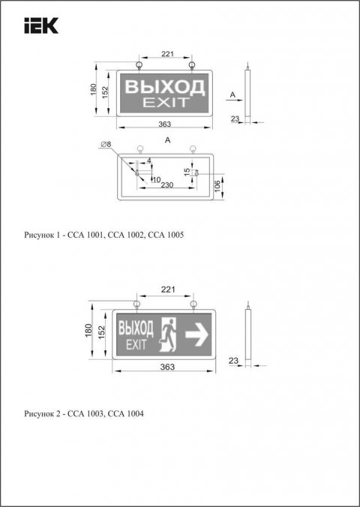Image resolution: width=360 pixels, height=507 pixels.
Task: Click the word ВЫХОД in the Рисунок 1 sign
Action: coord(164,87)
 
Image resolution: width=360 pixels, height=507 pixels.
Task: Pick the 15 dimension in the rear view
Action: coord(187,172)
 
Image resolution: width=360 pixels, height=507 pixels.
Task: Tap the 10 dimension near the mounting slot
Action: coord(156,178)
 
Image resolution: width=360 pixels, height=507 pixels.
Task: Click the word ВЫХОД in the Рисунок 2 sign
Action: coord(136,328)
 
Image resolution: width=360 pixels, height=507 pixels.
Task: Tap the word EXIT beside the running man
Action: coord(136,344)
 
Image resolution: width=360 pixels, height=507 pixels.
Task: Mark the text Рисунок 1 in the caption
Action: coord(42,235)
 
